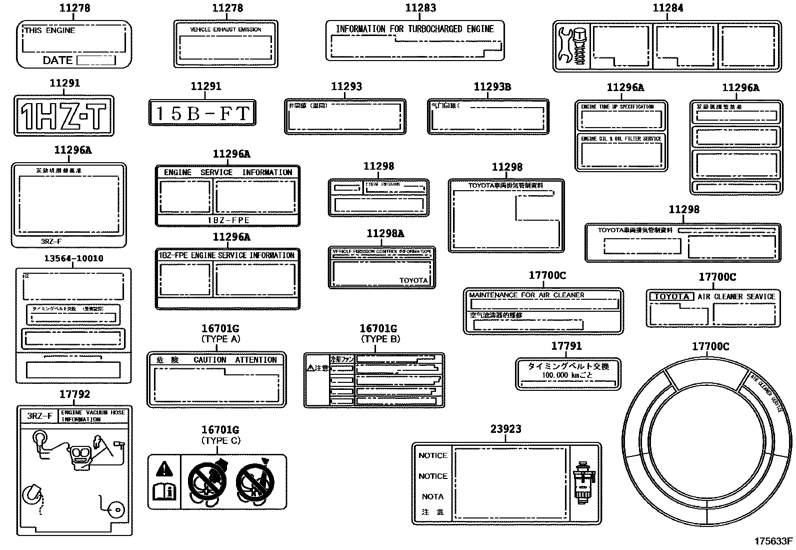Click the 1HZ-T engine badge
point(63,116)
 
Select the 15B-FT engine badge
point(202,113)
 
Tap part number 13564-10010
point(73,259)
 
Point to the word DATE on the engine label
point(57,61)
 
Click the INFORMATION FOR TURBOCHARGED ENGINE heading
point(414,29)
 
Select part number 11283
point(420,8)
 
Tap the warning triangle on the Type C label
point(163,469)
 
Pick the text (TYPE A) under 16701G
point(220,339)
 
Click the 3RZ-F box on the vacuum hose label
point(39,416)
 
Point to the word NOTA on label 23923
point(432,496)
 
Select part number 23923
point(505,429)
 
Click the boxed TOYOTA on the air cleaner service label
point(671,296)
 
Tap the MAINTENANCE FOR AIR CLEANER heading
point(526,295)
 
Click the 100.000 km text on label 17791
point(567,375)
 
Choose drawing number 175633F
point(773,541)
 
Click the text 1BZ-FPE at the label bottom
point(228,220)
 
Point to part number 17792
point(74,394)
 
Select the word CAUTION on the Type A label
point(210,360)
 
